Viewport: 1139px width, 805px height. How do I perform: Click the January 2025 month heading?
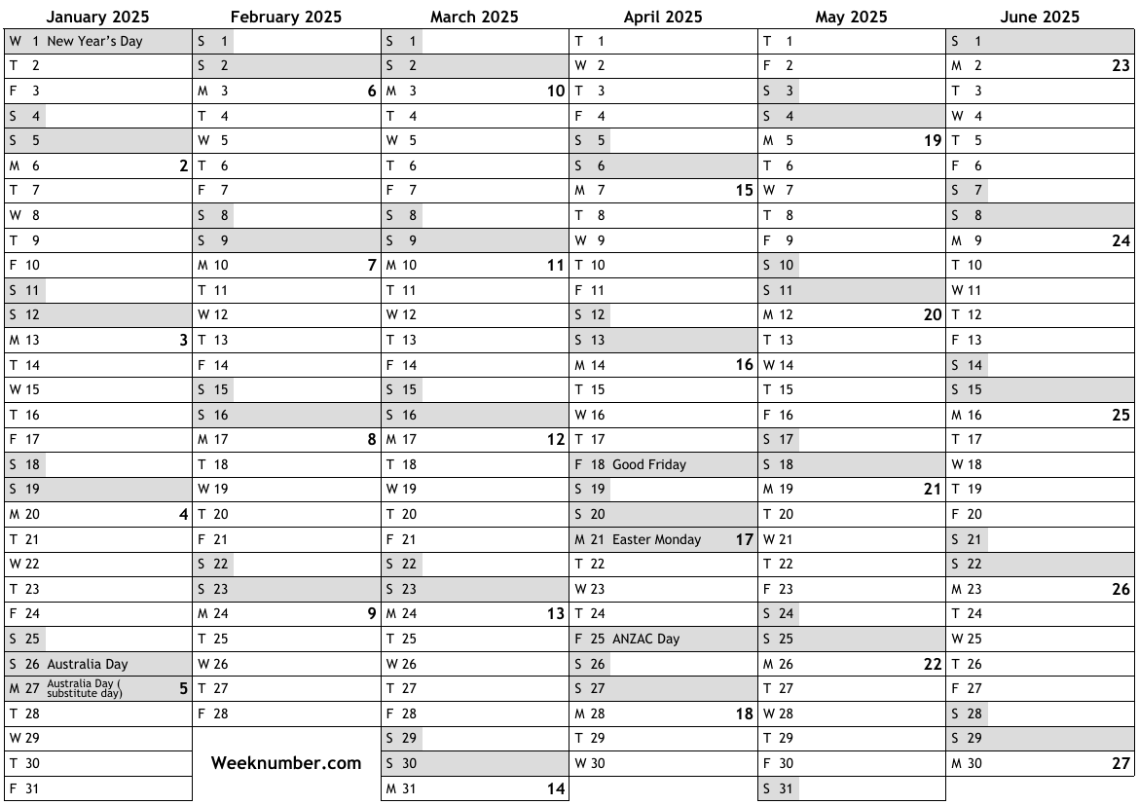tap(97, 17)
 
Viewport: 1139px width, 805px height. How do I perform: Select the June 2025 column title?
tap(1040, 17)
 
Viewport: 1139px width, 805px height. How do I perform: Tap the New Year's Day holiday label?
tap(94, 41)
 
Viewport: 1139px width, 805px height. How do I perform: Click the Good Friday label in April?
tap(648, 464)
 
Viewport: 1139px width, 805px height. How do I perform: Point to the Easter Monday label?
tap(656, 539)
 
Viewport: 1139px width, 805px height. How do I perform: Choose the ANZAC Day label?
tap(645, 639)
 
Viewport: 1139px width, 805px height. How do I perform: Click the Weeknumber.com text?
tap(286, 763)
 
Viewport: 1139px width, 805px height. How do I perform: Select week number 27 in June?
tap(1121, 764)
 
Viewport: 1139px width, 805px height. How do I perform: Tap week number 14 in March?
tap(555, 789)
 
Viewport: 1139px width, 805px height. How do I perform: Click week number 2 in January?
tap(183, 166)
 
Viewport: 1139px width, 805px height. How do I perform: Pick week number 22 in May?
tap(933, 665)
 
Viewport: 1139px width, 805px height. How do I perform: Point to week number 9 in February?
tap(371, 614)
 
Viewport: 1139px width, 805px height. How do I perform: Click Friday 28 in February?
tap(213, 714)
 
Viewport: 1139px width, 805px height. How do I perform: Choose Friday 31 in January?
tap(25, 788)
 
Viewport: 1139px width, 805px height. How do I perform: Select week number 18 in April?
tap(744, 714)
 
